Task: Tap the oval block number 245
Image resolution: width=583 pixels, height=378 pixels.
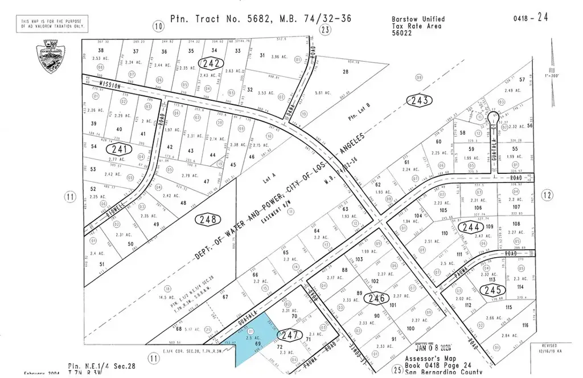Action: [490, 290]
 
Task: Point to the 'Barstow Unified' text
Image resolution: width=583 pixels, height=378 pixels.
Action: [419, 19]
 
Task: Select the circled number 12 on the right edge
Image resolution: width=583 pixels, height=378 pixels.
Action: [548, 196]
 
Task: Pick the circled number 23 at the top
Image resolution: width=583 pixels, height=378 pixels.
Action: [325, 30]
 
